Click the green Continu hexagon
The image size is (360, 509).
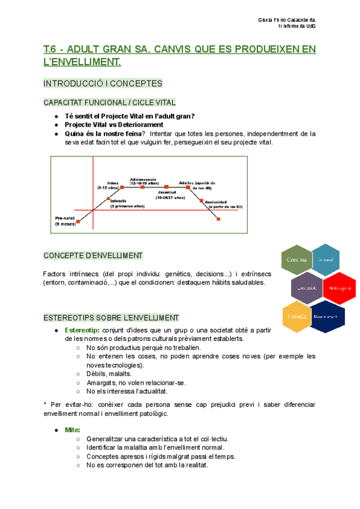[x=297, y=260]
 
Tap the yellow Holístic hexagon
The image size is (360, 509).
[x=297, y=316]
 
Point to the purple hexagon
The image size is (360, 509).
[x=307, y=289]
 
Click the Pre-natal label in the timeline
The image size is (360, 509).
[x=64, y=220]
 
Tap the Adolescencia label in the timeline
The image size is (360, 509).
[x=142, y=179]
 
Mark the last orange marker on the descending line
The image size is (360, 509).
[x=218, y=220]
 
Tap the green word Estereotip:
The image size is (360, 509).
[x=83, y=331]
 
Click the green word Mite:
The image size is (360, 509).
[x=71, y=430]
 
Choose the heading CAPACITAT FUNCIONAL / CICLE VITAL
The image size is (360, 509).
[x=110, y=103]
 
